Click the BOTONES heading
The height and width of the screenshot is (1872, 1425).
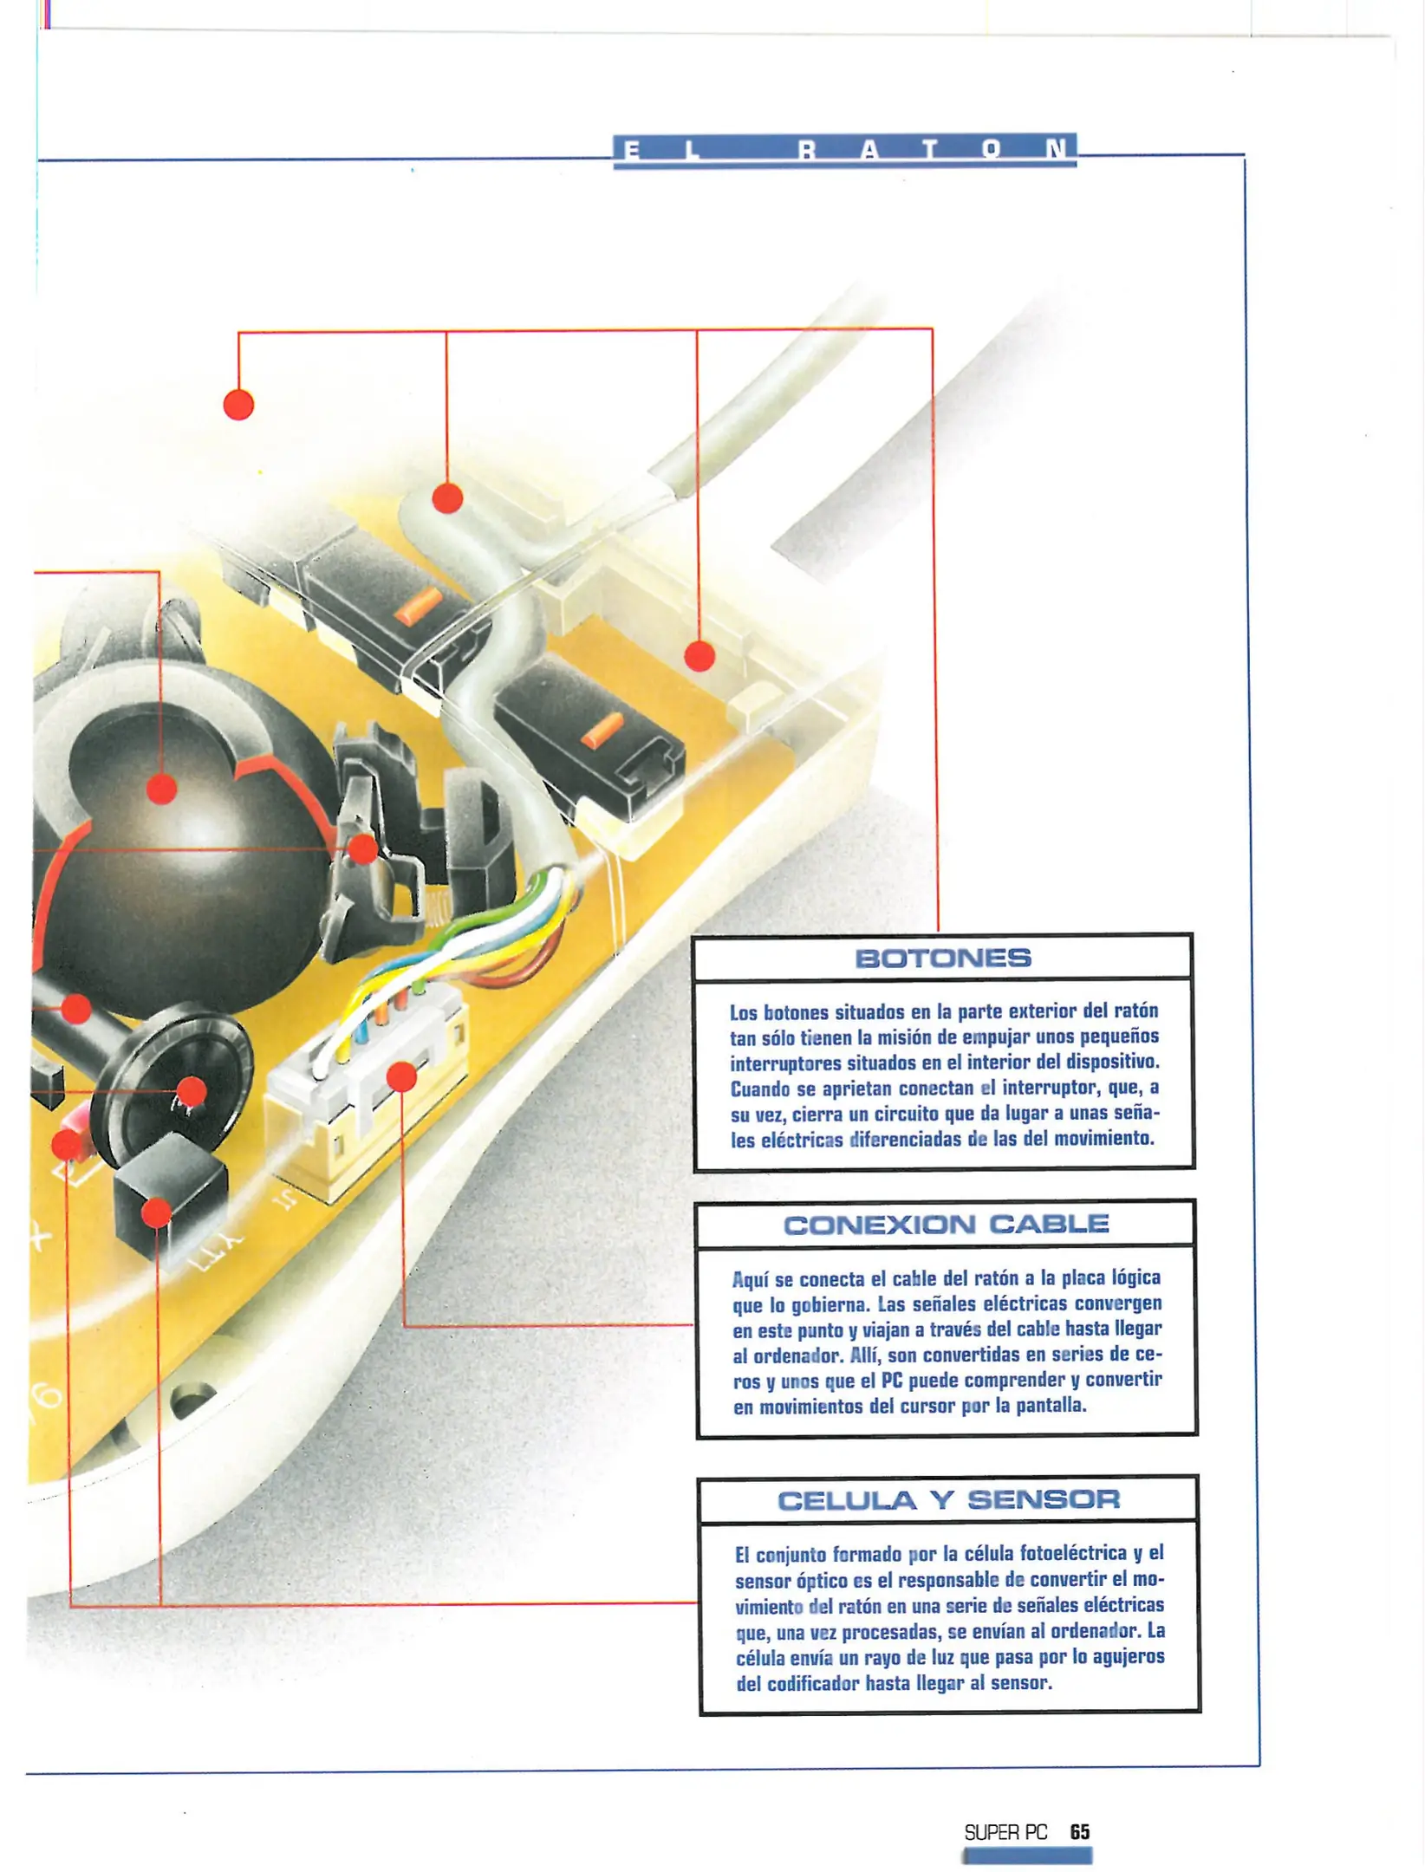pyautogui.click(x=942, y=958)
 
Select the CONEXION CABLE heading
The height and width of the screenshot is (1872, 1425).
pyautogui.click(x=946, y=1224)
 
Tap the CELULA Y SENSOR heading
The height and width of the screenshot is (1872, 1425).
pyautogui.click(x=948, y=1499)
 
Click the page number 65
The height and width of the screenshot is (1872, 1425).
pyautogui.click(x=1079, y=1831)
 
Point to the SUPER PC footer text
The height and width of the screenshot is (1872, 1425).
pyautogui.click(x=1005, y=1832)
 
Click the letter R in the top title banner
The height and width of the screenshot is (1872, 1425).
pyautogui.click(x=807, y=151)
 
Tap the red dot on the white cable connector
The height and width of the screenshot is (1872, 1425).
pyautogui.click(x=401, y=1077)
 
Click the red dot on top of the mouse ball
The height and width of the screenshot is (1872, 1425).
pyautogui.click(x=162, y=789)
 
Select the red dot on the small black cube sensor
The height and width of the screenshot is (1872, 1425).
pyautogui.click(x=156, y=1212)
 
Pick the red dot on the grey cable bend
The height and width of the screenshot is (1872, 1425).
pyautogui.click(x=447, y=497)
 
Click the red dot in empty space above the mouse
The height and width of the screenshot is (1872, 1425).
pyautogui.click(x=238, y=405)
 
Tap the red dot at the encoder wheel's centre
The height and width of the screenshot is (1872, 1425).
pyautogui.click(x=192, y=1091)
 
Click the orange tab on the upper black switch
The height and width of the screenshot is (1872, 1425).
pyautogui.click(x=418, y=604)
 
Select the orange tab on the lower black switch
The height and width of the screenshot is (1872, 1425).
pyautogui.click(x=602, y=729)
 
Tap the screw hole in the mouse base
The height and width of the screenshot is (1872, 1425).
pyautogui.click(x=192, y=1397)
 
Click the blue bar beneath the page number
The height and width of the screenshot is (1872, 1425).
pyautogui.click(x=1026, y=1856)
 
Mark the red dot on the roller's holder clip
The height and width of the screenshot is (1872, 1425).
pyautogui.click(x=363, y=849)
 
